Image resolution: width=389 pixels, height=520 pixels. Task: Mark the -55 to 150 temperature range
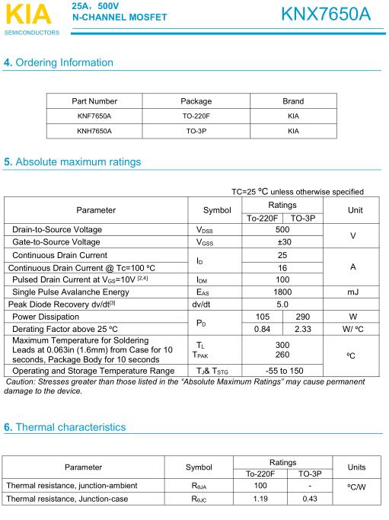282,371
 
